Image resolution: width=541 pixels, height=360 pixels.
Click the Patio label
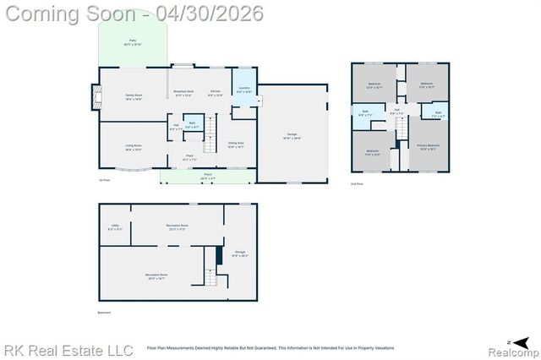tap(133, 41)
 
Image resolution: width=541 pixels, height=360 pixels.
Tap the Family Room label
tap(134, 97)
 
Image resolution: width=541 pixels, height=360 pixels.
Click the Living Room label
tap(134, 147)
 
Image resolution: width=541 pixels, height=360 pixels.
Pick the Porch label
tap(207, 177)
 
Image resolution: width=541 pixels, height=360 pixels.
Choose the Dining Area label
tap(236, 145)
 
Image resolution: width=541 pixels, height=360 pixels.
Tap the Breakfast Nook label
tap(184, 92)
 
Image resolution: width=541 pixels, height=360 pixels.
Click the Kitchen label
tap(216, 92)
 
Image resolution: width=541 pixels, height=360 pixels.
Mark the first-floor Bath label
tap(192, 125)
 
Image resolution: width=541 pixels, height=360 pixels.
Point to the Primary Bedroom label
tap(428, 146)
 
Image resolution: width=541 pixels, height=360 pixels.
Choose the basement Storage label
tap(240, 253)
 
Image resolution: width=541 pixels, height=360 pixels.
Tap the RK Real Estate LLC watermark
tap(68, 350)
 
